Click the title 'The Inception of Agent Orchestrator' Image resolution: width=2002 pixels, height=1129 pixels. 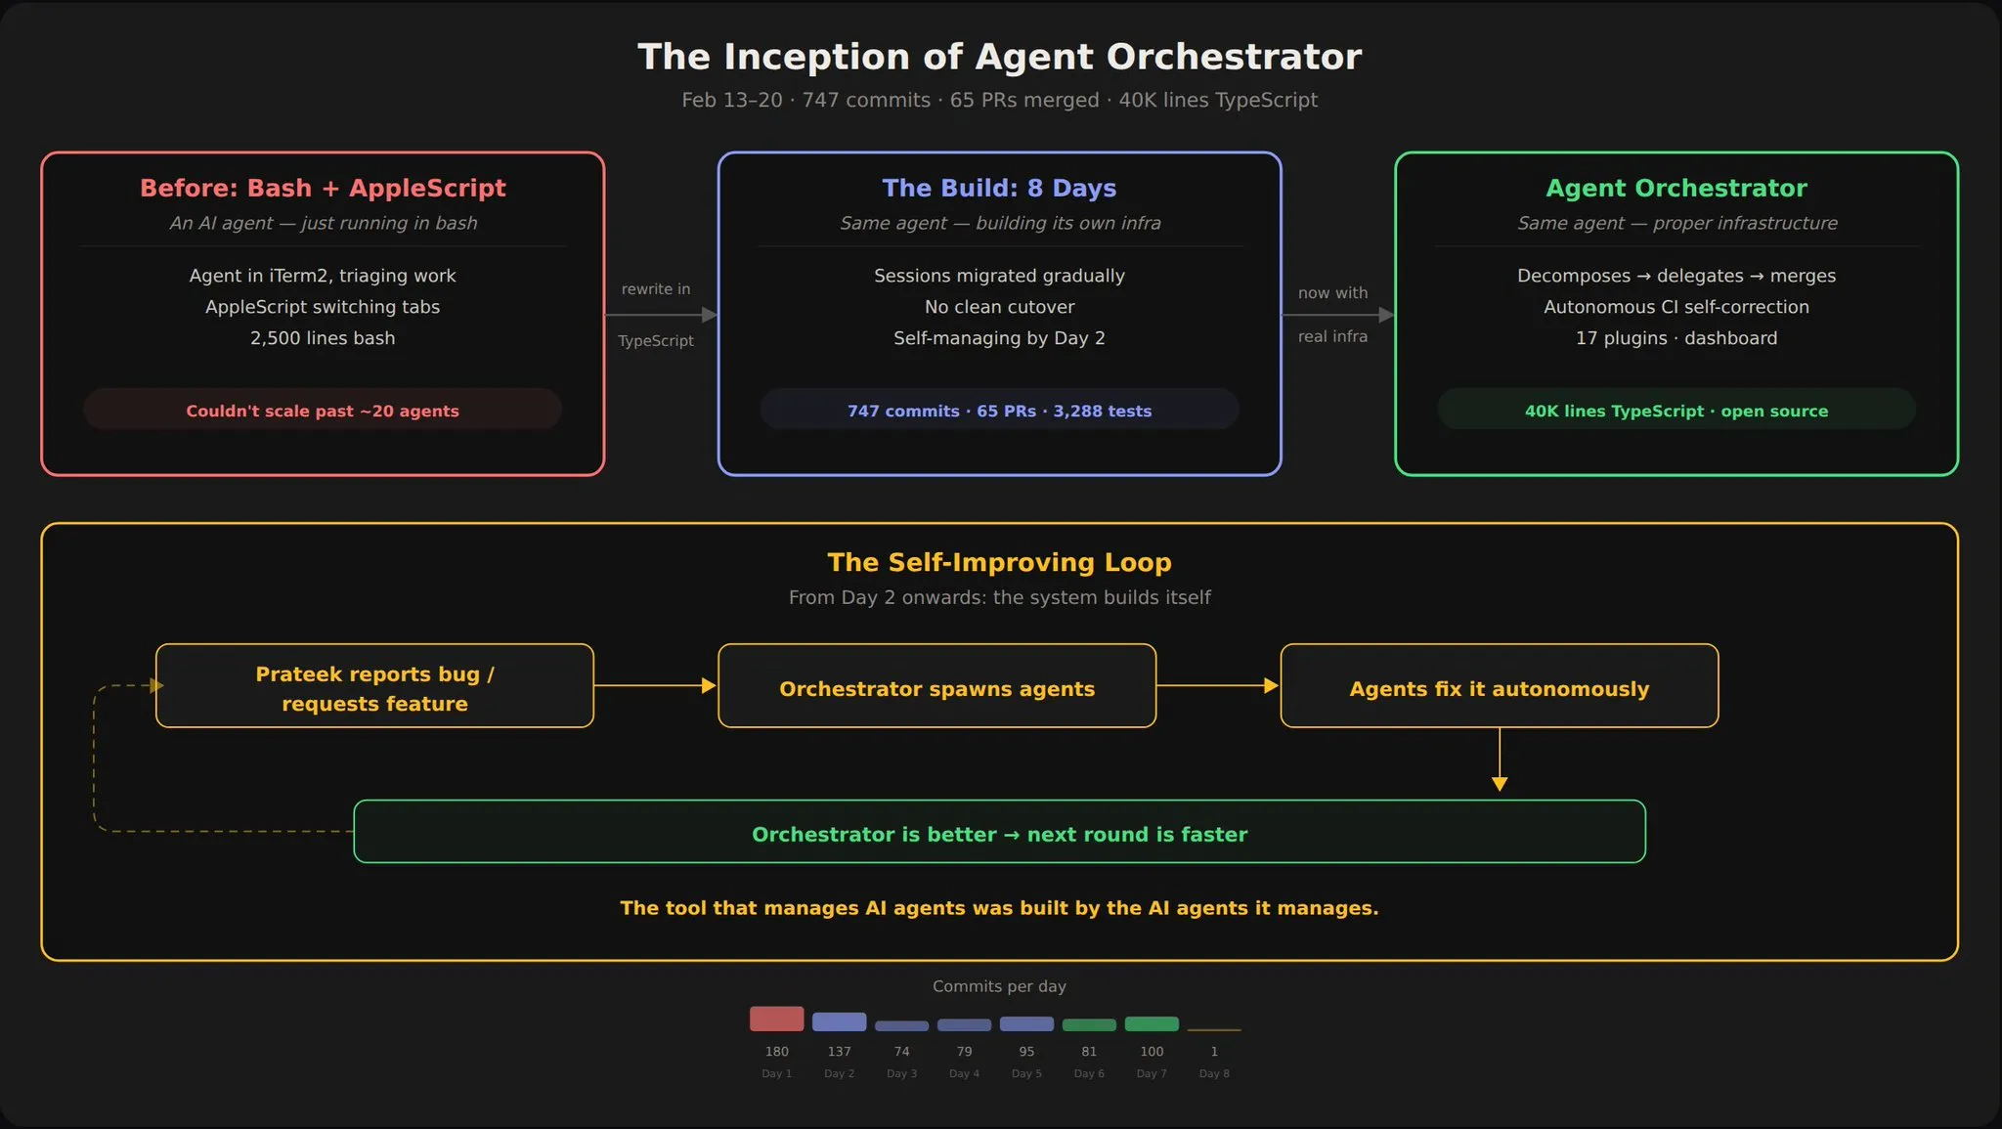(x=999, y=57)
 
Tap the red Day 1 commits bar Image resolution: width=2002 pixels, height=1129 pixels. (x=776, y=1019)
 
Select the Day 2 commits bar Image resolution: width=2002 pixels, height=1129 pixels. (x=839, y=1021)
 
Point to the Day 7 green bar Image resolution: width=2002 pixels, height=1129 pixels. (x=1152, y=1023)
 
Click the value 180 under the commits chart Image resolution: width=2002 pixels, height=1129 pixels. (x=776, y=1052)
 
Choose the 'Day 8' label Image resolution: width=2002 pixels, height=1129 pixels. (x=1214, y=1073)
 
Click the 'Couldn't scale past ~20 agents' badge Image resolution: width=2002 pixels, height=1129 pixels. (x=323, y=411)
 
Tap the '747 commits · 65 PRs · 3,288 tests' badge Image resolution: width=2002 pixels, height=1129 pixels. (x=999, y=411)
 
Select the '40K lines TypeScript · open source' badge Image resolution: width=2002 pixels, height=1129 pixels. (x=1676, y=411)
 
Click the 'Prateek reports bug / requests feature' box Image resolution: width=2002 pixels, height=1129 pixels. (x=374, y=686)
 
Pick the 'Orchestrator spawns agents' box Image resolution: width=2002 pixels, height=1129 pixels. (x=936, y=686)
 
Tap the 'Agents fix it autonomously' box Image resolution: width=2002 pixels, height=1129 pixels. (x=1499, y=686)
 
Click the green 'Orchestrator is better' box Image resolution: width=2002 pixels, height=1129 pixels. (x=999, y=832)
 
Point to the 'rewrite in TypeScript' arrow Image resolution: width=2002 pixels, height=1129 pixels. (x=661, y=315)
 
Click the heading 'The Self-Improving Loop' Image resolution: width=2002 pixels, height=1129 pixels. (x=999, y=562)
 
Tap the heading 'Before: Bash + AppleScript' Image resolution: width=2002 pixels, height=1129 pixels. (x=323, y=188)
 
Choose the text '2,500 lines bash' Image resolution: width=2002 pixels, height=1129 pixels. (x=323, y=338)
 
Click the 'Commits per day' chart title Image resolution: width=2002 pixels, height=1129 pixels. (x=999, y=986)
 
